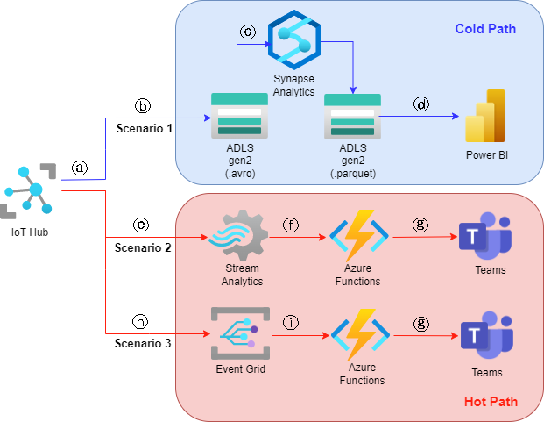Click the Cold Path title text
(x=485, y=29)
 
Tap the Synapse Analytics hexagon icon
(x=293, y=40)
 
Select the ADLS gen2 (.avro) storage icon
(x=238, y=116)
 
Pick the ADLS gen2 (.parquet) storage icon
(x=352, y=116)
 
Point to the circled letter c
(x=248, y=32)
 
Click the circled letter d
(x=421, y=104)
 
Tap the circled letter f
(x=290, y=225)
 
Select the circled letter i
(x=290, y=322)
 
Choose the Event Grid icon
(x=239, y=334)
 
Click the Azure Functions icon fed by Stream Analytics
(x=356, y=238)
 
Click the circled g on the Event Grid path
(x=421, y=323)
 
